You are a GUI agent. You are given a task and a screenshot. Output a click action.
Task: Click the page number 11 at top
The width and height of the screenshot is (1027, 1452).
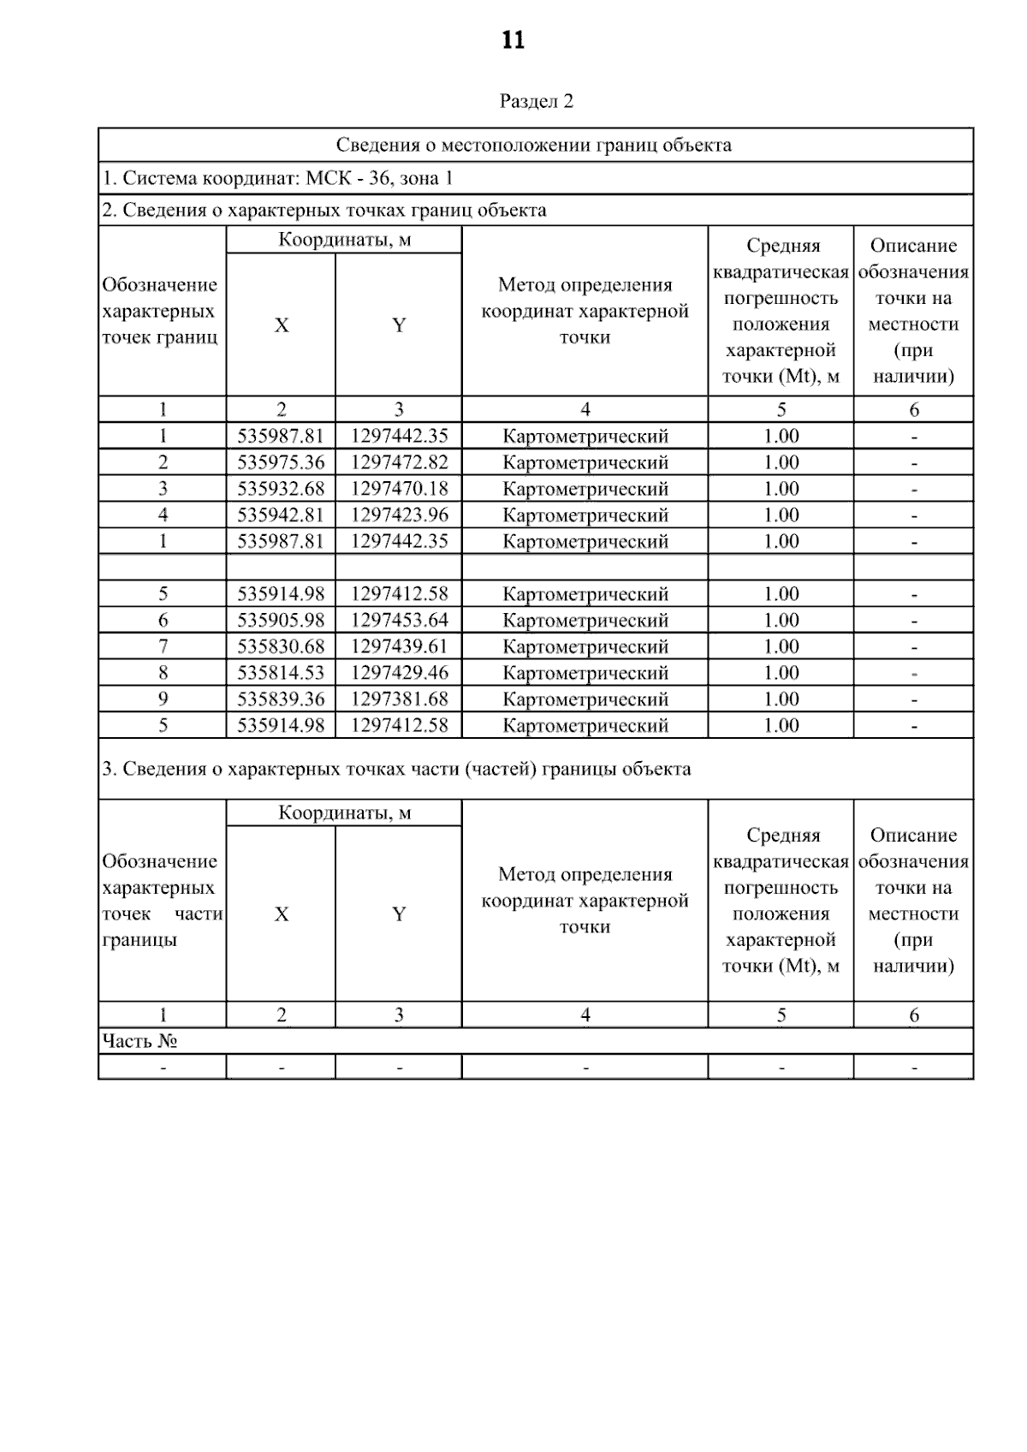pos(513,40)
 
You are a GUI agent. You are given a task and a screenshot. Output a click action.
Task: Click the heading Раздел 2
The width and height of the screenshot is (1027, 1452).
pos(536,101)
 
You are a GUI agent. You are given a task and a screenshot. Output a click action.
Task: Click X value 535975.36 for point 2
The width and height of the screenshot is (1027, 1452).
pos(281,462)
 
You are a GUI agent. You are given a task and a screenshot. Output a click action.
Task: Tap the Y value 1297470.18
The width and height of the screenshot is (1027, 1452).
pos(399,489)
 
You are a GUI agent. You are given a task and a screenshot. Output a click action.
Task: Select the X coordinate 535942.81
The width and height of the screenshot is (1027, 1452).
pos(281,515)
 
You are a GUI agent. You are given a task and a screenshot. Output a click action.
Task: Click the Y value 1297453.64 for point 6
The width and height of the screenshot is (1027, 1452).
pos(399,620)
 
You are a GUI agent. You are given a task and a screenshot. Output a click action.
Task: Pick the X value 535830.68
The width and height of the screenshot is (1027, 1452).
pos(281,646)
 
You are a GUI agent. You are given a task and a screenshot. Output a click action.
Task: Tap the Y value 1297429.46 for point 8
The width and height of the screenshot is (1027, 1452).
pos(399,672)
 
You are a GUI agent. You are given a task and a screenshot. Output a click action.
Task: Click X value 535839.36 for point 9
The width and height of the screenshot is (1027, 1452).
pos(281,699)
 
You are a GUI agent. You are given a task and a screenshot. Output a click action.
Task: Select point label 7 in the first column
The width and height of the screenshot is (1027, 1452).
pos(163,646)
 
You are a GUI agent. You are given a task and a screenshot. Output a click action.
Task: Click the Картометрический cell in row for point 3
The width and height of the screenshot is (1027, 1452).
pos(585,489)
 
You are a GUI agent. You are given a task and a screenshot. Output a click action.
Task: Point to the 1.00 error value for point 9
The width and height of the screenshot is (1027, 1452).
pos(781,699)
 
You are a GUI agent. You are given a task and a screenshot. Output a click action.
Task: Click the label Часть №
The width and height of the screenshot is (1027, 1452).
pos(140,1041)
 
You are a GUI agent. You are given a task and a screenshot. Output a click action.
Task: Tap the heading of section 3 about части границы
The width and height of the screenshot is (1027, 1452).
pos(396,769)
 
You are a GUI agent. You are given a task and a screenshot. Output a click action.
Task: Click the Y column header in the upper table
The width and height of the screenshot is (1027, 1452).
pos(399,325)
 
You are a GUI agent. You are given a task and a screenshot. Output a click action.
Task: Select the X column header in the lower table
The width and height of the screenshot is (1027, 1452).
pos(281,914)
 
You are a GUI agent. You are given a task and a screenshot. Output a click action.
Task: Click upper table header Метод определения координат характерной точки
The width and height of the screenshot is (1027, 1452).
pos(585,311)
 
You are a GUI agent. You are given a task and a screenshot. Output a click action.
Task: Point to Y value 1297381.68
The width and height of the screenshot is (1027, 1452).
pos(399,699)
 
